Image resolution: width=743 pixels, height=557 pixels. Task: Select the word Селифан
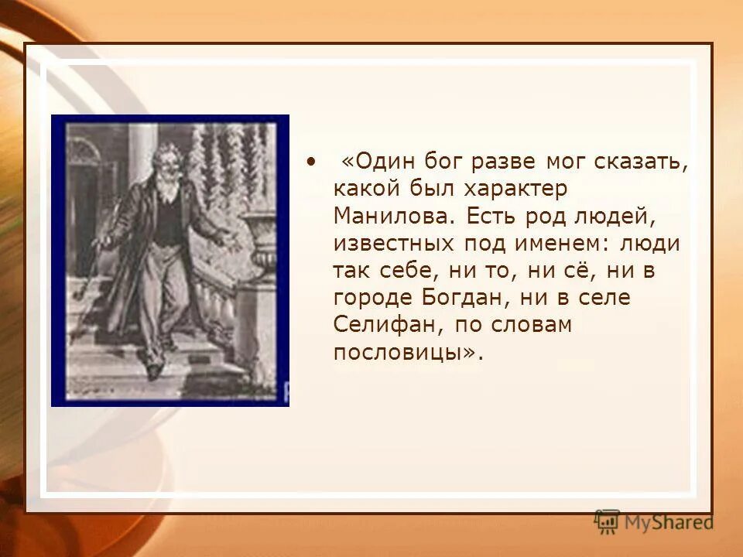click(382, 325)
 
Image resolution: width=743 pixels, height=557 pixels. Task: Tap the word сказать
click(642, 162)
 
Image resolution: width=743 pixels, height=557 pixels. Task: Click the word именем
click(566, 243)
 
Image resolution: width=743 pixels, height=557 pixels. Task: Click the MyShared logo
click(654, 522)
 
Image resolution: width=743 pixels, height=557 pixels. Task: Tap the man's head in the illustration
click(166, 163)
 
